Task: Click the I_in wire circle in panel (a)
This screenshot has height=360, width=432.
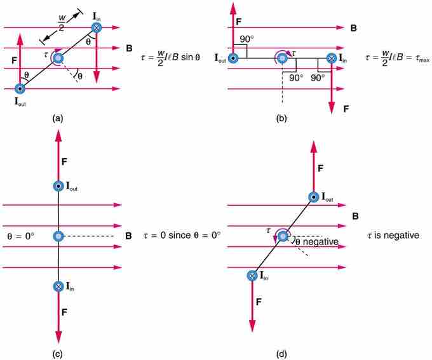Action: [96, 28]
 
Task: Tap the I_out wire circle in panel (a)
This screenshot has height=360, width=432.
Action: [20, 89]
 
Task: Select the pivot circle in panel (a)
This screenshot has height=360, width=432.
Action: [58, 58]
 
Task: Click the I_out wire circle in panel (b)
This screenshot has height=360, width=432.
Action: [235, 58]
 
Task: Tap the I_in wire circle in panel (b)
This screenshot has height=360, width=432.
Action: [331, 58]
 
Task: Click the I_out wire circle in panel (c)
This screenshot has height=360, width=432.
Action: [58, 186]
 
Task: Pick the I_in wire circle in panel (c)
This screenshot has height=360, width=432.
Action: [58, 286]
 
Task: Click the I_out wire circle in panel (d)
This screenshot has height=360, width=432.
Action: [313, 197]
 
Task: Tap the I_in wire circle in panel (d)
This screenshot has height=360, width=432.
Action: [253, 276]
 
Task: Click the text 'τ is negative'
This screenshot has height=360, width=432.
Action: [393, 234]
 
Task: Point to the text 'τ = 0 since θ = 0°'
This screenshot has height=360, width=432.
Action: [180, 234]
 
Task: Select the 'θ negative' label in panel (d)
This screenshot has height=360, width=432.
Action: [315, 242]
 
